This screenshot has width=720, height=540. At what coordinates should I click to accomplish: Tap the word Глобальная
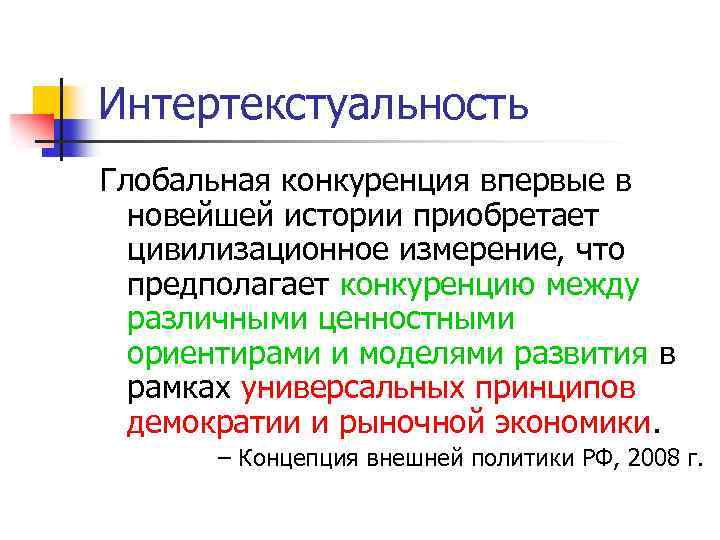pyautogui.click(x=178, y=182)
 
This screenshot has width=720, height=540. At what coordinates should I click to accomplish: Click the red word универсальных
pyautogui.click(x=360, y=388)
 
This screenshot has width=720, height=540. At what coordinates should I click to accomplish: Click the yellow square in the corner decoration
pyautogui.click(x=47, y=99)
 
